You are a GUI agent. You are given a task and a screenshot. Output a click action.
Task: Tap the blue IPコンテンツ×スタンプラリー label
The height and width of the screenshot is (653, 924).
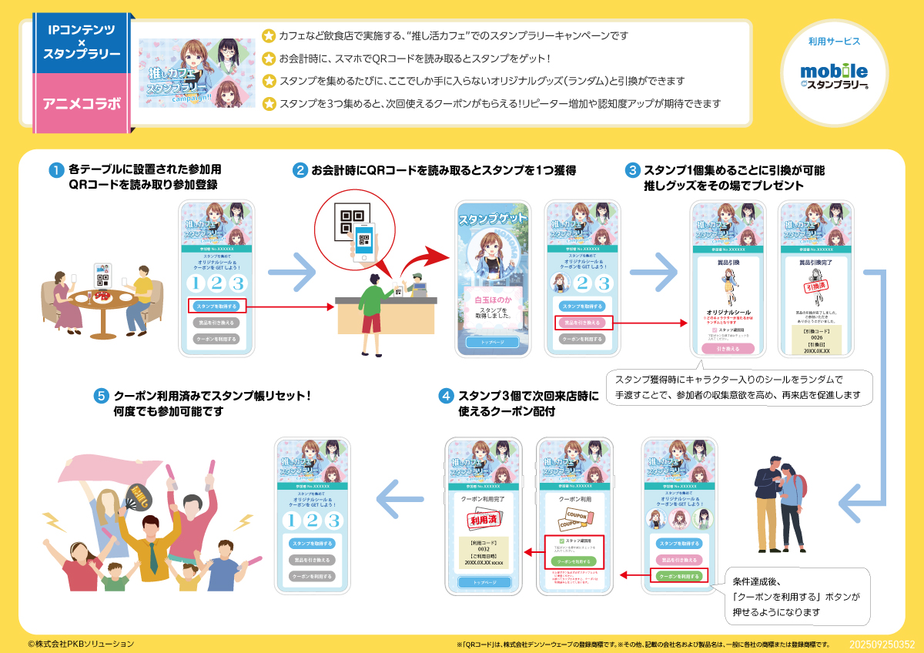(x=82, y=42)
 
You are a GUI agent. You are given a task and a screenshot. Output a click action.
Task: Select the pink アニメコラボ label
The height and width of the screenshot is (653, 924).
(x=82, y=102)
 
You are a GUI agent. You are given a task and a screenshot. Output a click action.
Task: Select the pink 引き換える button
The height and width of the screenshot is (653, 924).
(x=727, y=348)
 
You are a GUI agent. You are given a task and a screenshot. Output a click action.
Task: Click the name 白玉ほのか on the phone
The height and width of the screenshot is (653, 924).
(x=492, y=299)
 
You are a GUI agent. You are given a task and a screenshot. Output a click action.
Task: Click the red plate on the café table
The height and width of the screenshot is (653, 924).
(x=105, y=294)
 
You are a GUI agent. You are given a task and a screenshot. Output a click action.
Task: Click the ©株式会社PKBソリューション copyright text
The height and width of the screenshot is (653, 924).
(x=81, y=644)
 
